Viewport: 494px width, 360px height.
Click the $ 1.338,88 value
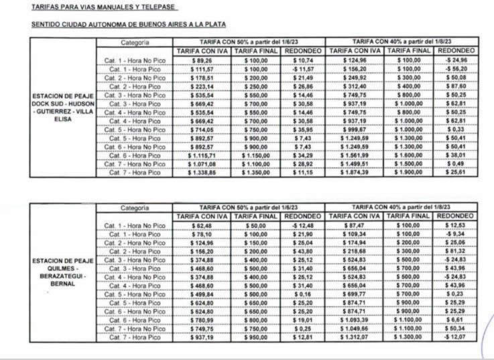199,172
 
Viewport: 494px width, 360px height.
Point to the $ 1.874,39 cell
356,172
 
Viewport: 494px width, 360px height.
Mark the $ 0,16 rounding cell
303,294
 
